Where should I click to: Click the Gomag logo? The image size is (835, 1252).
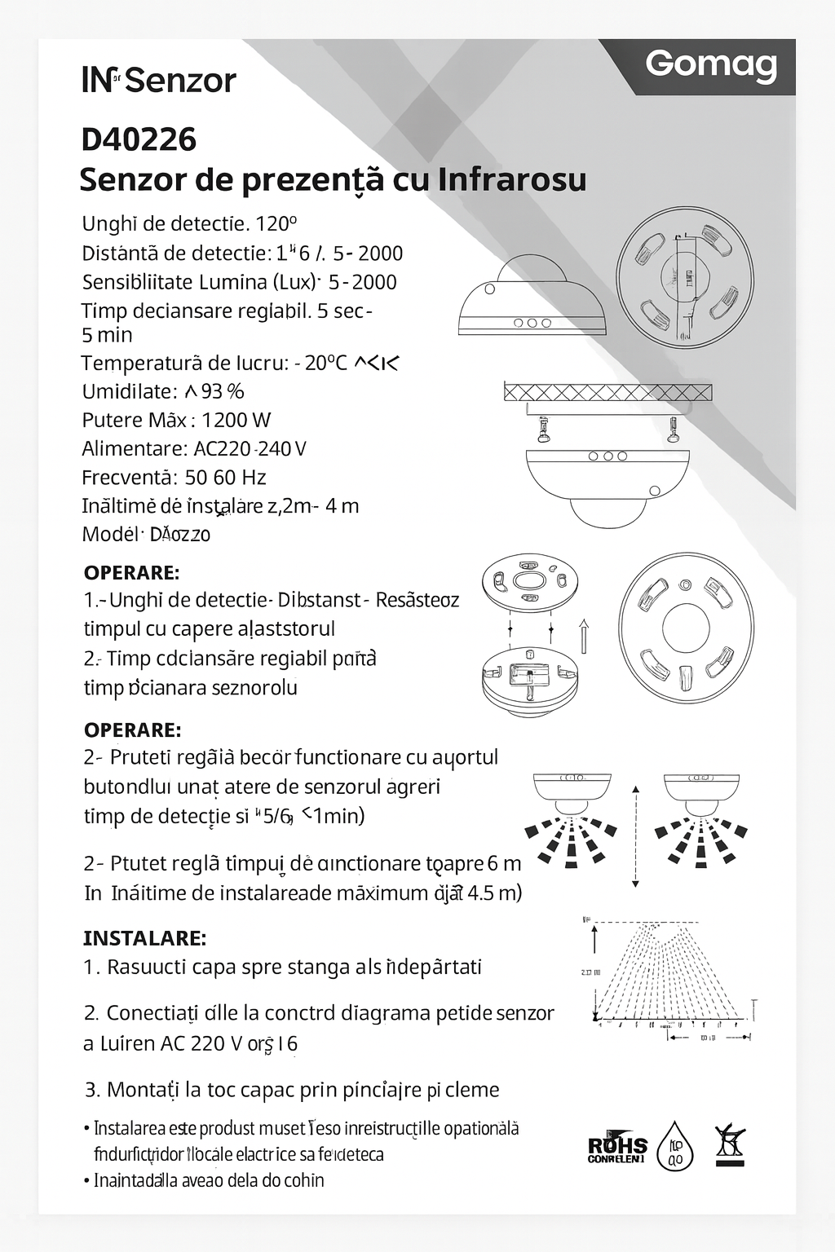(x=710, y=64)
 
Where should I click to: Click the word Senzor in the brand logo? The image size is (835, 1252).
(x=181, y=80)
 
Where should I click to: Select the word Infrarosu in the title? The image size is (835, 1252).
(x=511, y=179)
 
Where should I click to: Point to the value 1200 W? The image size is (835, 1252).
(x=236, y=420)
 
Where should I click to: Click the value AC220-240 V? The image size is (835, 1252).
(x=250, y=448)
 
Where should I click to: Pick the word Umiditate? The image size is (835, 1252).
(x=127, y=391)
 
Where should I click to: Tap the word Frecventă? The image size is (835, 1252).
(x=127, y=477)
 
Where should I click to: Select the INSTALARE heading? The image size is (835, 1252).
(x=144, y=938)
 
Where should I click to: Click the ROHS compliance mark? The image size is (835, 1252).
(x=617, y=1148)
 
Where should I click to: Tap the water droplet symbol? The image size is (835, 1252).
(x=675, y=1146)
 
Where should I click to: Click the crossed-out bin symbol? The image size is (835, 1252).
(x=731, y=1144)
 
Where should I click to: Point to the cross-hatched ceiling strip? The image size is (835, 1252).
(x=607, y=393)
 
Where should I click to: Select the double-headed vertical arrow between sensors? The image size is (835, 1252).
(x=635, y=836)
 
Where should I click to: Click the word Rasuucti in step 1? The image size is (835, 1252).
(x=146, y=967)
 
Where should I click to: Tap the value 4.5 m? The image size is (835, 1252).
(x=495, y=893)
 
